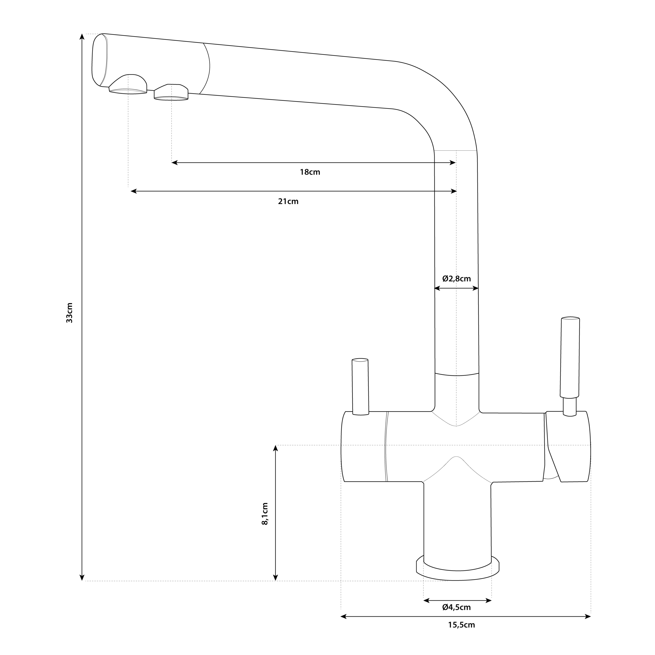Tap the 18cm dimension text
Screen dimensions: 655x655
310,172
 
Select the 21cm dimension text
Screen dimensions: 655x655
288,201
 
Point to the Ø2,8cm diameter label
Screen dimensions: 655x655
457,279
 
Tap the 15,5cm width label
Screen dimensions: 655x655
461,625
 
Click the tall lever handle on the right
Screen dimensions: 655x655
570,366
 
